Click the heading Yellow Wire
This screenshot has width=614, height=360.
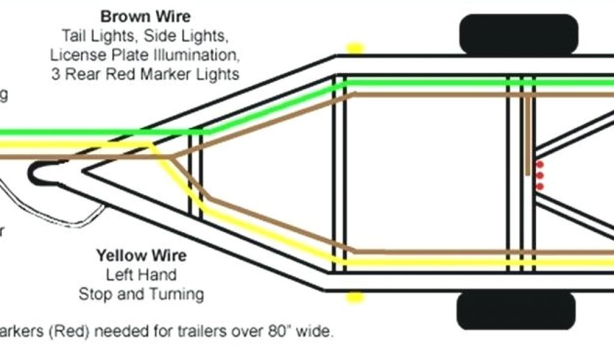[142, 256]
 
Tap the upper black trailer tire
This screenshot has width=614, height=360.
[519, 34]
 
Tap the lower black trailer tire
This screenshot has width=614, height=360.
[516, 311]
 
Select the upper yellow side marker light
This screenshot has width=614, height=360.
[356, 48]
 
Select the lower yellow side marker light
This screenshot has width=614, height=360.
[354, 296]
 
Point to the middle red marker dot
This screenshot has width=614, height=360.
[540, 175]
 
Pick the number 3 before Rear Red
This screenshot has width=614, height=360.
[55, 74]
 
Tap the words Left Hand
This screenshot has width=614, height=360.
[142, 275]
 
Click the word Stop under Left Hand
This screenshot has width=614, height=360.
[93, 294]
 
